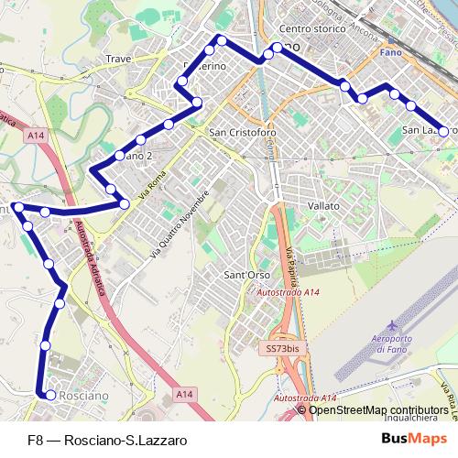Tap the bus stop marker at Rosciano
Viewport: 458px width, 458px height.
tap(50, 396)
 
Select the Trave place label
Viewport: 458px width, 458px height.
tap(118, 59)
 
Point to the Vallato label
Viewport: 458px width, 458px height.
tap(324, 206)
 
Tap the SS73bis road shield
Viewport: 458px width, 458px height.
tap(279, 350)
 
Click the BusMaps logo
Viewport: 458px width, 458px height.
tap(420, 439)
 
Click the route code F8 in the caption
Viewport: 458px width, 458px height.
tap(35, 440)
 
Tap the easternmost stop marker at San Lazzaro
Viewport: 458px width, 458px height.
tap(444, 131)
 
